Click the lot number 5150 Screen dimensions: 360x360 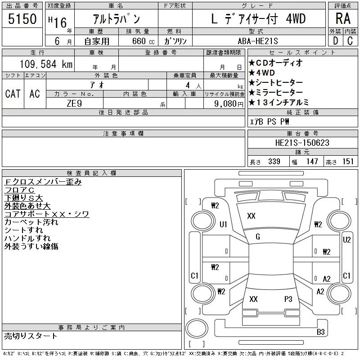[22, 19]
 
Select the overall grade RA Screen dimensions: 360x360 [343, 18]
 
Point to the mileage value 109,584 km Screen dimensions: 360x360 [46, 64]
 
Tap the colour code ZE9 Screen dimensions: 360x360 [74, 103]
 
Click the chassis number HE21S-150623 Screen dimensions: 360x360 [302, 143]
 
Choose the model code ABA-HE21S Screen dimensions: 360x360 [258, 41]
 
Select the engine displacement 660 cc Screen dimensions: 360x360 [143, 41]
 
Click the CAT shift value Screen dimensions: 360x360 [13, 94]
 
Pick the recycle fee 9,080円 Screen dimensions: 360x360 [229, 104]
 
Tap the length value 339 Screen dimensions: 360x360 [274, 162]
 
